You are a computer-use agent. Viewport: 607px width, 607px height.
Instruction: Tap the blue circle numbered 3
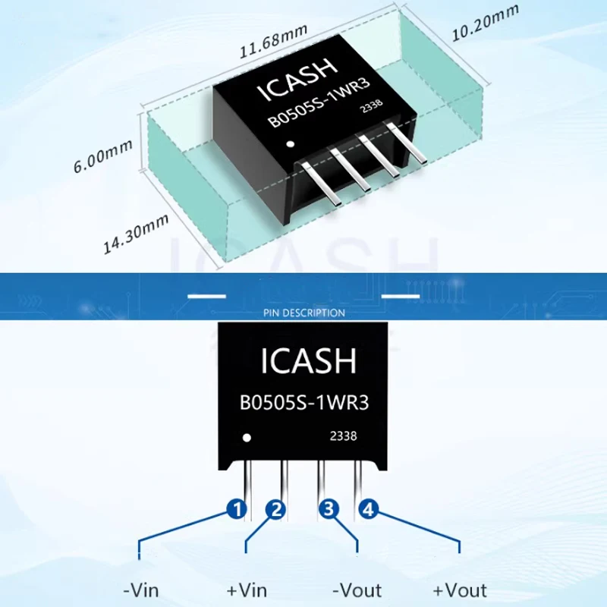[x=329, y=510]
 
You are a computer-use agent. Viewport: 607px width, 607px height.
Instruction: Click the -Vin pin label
[x=140, y=590]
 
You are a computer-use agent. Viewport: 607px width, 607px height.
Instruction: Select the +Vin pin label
[x=247, y=590]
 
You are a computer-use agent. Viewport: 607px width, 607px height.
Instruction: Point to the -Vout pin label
[x=357, y=590]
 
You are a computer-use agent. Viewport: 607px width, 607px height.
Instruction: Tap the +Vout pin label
[x=460, y=590]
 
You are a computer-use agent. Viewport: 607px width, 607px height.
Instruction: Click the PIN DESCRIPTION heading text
[x=303, y=313]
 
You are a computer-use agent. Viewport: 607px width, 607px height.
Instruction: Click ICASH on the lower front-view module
[x=308, y=362]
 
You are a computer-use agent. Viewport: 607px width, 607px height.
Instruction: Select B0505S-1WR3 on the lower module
[x=304, y=403]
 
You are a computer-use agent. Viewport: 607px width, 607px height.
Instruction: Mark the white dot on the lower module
[x=246, y=438]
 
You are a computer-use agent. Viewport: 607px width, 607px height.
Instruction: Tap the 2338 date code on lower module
[x=343, y=436]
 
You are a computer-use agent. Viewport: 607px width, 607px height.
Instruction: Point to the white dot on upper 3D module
[x=289, y=144]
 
